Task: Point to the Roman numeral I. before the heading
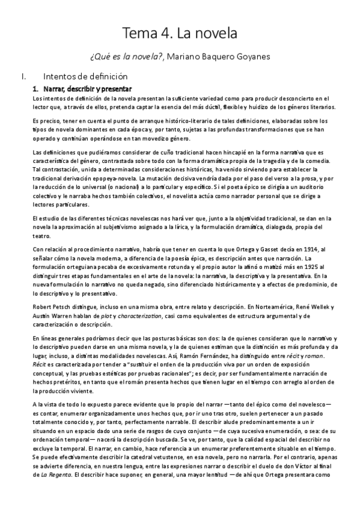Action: coord(22,76)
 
